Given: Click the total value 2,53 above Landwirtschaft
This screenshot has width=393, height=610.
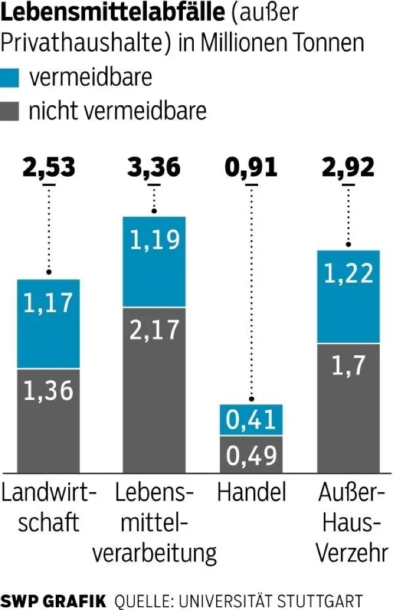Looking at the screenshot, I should [49, 168].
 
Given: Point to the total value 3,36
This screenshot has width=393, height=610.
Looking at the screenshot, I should [154, 168].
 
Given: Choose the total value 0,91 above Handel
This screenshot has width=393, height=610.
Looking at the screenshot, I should [252, 168].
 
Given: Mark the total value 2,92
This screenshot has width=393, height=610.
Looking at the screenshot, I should [349, 168].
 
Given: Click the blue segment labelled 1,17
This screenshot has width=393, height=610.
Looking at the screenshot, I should [49, 324].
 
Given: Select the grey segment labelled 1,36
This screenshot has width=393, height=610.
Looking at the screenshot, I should [49, 421].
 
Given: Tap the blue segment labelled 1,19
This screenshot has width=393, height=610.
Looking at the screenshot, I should [154, 262].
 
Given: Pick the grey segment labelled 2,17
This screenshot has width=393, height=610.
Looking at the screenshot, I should [154, 390].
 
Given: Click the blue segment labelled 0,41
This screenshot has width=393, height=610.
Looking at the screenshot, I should [252, 420].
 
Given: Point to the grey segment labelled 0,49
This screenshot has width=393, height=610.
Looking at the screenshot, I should [252, 454].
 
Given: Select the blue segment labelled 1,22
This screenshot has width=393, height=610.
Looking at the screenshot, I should [349, 297].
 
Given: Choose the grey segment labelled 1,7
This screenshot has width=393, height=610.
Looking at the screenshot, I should [349, 408].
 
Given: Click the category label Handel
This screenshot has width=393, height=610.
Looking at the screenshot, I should [252, 493].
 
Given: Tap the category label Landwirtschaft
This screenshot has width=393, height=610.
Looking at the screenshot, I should [49, 507].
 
